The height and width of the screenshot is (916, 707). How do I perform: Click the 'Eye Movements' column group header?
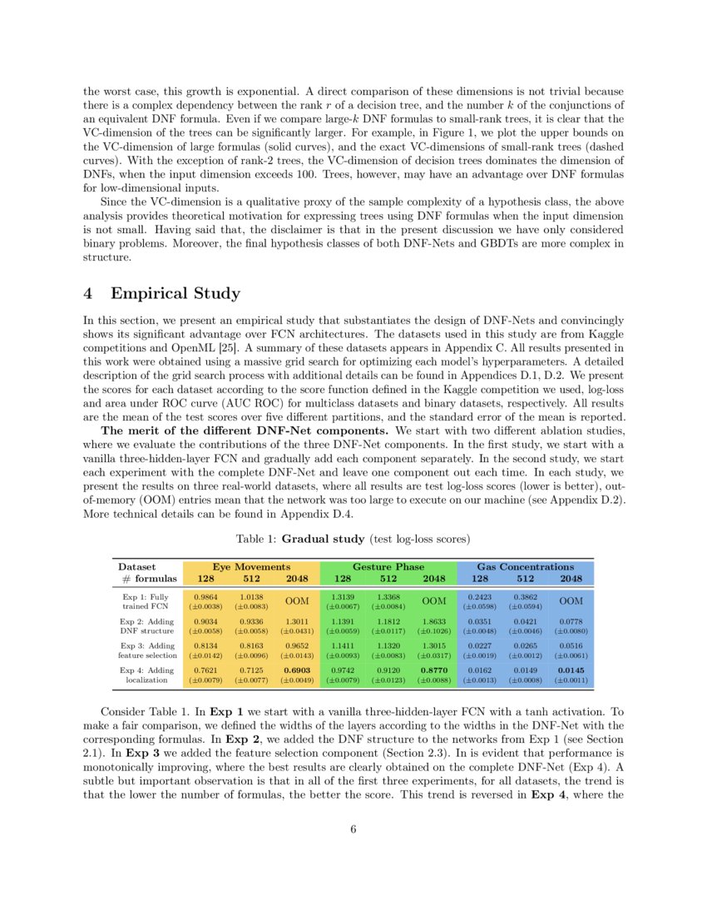tap(250, 566)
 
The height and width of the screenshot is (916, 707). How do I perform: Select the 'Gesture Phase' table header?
tap(388, 566)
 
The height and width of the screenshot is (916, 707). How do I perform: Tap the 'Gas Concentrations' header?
tap(525, 566)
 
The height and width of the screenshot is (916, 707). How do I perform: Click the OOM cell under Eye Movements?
tap(297, 601)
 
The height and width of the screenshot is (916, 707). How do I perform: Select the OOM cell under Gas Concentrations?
tap(571, 601)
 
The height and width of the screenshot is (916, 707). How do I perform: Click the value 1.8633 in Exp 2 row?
tap(434, 620)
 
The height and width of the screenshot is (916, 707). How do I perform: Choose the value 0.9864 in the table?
tap(205, 597)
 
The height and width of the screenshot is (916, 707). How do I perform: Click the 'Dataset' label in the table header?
tap(136, 566)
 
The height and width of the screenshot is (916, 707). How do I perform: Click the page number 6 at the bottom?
tap(353, 829)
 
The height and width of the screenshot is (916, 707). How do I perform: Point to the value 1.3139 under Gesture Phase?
tap(343, 597)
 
